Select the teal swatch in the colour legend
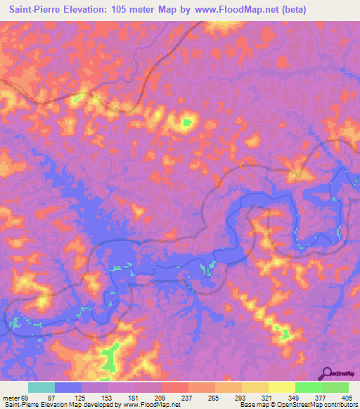point(41,388)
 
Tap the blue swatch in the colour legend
point(68,388)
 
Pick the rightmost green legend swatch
point(335,388)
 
